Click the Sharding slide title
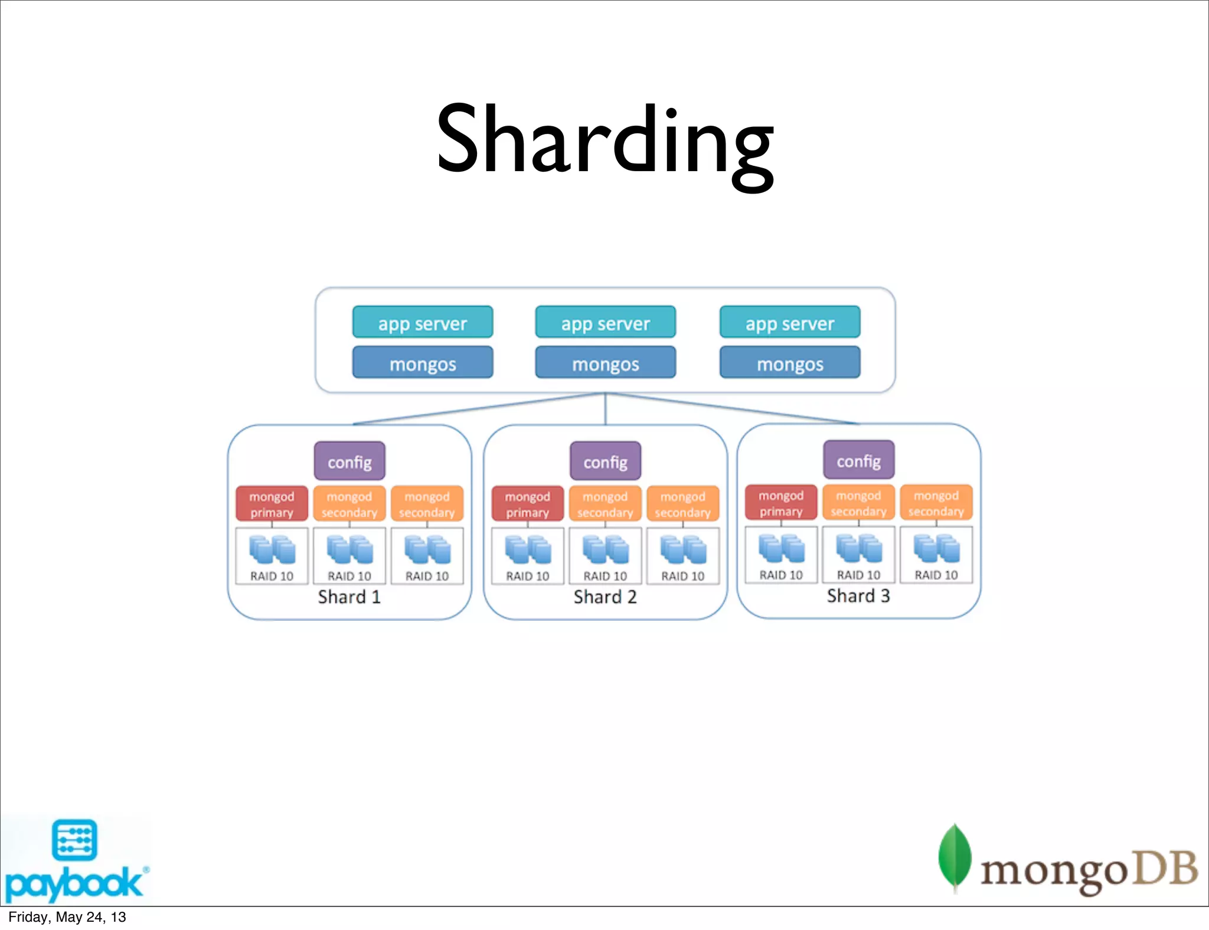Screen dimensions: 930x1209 (604, 142)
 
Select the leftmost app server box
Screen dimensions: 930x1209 (423, 322)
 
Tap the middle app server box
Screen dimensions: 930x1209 (605, 322)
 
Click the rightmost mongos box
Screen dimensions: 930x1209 (790, 362)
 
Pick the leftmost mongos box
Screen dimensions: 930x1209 (423, 362)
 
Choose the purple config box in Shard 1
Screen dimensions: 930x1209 (349, 461)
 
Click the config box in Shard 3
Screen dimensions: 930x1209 (859, 460)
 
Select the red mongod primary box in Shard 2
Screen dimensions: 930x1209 (528, 503)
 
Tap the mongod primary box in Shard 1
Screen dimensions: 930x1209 (272, 503)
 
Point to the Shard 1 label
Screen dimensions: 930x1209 (349, 597)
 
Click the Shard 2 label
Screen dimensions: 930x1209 (605, 597)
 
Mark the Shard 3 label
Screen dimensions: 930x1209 (858, 595)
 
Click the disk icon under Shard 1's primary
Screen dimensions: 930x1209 (272, 549)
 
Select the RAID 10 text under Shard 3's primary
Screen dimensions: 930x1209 (781, 575)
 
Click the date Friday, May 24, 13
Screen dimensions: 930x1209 (67, 917)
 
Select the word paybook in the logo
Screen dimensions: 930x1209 (74, 883)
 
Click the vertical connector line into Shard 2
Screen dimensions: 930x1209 (605, 409)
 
